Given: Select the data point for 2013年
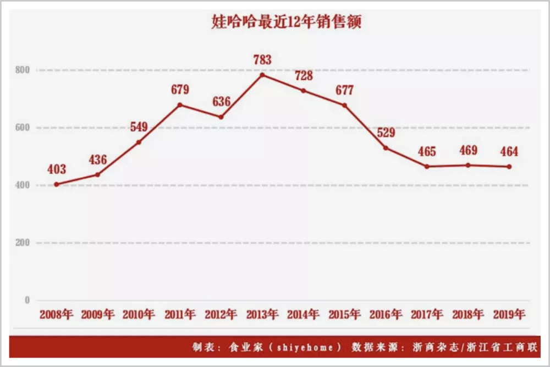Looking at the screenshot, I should tap(262, 75).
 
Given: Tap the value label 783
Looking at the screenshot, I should tap(262, 59).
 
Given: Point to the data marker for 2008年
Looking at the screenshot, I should tap(56, 184).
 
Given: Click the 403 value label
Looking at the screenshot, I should tap(57, 169).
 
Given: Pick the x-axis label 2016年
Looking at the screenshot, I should tap(386, 315).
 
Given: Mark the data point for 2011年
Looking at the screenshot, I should tap(180, 105).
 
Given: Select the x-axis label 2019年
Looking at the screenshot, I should tap(509, 315).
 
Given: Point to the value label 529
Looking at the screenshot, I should tap(386, 133).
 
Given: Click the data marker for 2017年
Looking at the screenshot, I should tap(427, 166).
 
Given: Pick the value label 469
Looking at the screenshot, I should tap(468, 150).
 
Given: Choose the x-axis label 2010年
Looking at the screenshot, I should tap(139, 315).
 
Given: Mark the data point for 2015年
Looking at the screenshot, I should tap(345, 105).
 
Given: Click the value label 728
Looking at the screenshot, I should tap(304, 75).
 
